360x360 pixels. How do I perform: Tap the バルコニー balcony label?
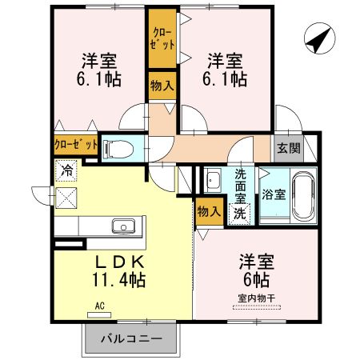pos(131,338)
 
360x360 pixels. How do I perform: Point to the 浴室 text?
pos(274,194)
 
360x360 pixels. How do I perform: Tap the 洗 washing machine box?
pos(240,214)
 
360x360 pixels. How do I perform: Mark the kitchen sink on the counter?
pos(124,225)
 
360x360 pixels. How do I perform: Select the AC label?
pos(100,305)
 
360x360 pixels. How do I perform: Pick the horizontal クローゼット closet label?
pos(76,146)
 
